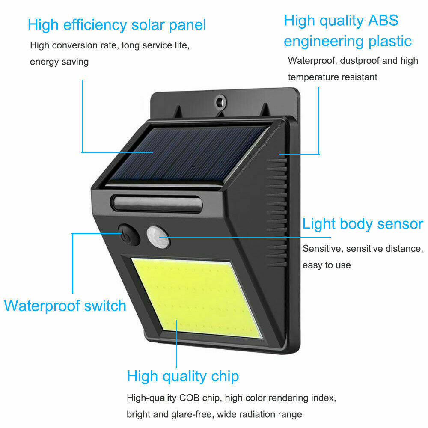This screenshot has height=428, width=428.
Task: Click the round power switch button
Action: [x=128, y=235]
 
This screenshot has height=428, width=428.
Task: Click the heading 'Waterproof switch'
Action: [x=65, y=306]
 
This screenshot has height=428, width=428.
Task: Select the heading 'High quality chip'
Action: [x=183, y=377]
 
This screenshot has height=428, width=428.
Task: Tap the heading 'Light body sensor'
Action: [x=363, y=224]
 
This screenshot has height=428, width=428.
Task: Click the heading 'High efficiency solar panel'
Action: [x=117, y=24]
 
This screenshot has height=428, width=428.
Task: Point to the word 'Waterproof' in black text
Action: [x=312, y=60]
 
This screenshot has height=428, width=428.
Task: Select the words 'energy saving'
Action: [x=59, y=62]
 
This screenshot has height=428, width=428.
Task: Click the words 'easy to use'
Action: [x=327, y=265]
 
